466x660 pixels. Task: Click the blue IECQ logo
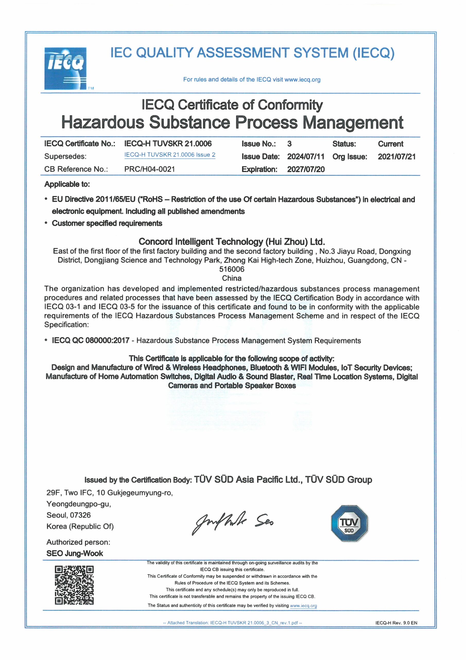[x=65, y=68]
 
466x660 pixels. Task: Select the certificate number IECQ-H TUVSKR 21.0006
[x=168, y=144]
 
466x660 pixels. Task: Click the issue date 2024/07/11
[x=306, y=157]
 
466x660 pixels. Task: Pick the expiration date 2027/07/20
[x=306, y=169]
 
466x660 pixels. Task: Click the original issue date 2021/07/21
[x=396, y=157]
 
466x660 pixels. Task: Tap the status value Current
[x=391, y=144]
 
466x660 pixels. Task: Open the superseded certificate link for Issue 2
[x=170, y=155]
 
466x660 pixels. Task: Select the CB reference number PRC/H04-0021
[x=150, y=169]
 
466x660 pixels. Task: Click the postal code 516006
[x=232, y=269]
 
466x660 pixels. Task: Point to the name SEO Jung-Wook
[x=75, y=553]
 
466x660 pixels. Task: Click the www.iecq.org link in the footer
[x=303, y=606]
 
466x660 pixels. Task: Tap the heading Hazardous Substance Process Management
[x=232, y=122]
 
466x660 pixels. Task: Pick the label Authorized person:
[x=78, y=542]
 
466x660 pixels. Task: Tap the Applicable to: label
[x=67, y=184]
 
